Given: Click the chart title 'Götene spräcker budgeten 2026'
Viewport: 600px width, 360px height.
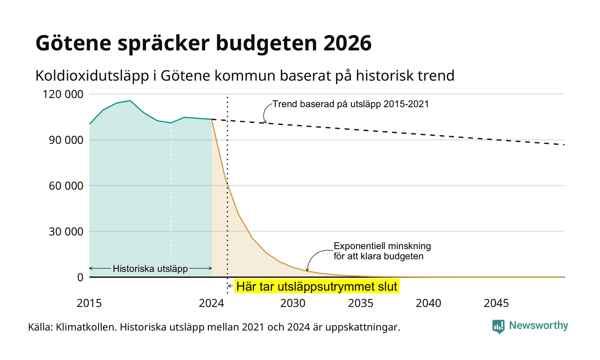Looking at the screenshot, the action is [203, 43].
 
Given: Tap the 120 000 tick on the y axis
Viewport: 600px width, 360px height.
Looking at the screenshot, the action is [63, 94].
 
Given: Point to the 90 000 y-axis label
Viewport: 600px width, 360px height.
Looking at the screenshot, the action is [66, 140].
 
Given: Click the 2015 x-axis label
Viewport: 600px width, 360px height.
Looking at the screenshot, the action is [89, 303].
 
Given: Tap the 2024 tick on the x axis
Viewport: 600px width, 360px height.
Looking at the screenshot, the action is [211, 303].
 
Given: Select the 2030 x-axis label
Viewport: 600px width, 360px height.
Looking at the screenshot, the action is [293, 303].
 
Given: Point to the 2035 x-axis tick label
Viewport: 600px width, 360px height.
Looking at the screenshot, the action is [360, 303].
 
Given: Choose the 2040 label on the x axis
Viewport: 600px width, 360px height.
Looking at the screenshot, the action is [428, 303].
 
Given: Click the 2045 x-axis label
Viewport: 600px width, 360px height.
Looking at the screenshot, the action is [496, 303].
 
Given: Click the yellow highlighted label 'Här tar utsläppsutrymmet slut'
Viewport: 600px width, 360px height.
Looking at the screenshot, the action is [317, 286].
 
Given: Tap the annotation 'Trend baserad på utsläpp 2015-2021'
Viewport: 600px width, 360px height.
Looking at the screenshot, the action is [351, 104].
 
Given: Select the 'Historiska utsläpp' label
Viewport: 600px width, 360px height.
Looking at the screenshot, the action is [150, 269].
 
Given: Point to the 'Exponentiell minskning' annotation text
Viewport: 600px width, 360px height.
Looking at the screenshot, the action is [382, 246].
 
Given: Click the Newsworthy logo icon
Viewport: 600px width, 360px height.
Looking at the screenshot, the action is [498, 327].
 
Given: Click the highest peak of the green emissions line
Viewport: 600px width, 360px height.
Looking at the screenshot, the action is [130, 101].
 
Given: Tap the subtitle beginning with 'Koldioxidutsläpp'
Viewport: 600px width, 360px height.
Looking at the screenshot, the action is [245, 76].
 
